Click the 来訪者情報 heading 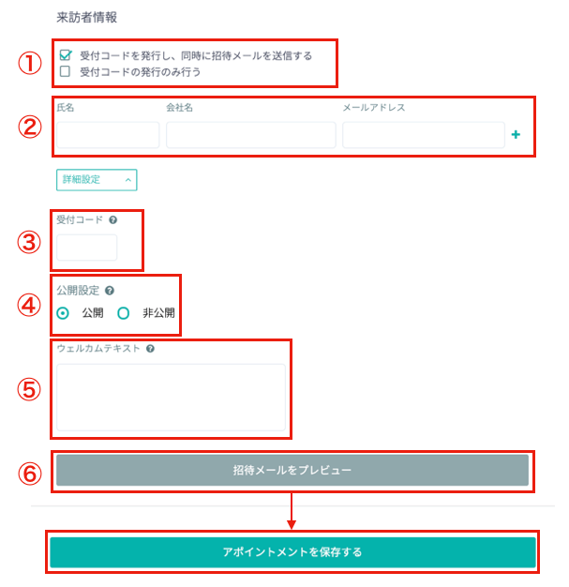[x=87, y=17]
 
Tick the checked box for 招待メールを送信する [x=65, y=55]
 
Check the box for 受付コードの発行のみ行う [x=65, y=71]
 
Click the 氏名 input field [x=108, y=135]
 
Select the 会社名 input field [x=251, y=135]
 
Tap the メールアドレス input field [x=424, y=135]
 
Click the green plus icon [x=516, y=134]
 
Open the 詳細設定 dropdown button [x=97, y=180]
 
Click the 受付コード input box [x=87, y=248]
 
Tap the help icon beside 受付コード [x=113, y=220]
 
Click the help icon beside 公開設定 [x=110, y=291]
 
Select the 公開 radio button [x=63, y=313]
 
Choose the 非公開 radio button [x=123, y=313]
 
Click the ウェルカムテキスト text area [x=171, y=398]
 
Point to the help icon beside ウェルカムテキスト [x=151, y=349]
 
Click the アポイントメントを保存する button [x=292, y=552]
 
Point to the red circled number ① [x=30, y=63]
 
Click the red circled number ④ [x=29, y=305]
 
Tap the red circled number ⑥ [x=30, y=474]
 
